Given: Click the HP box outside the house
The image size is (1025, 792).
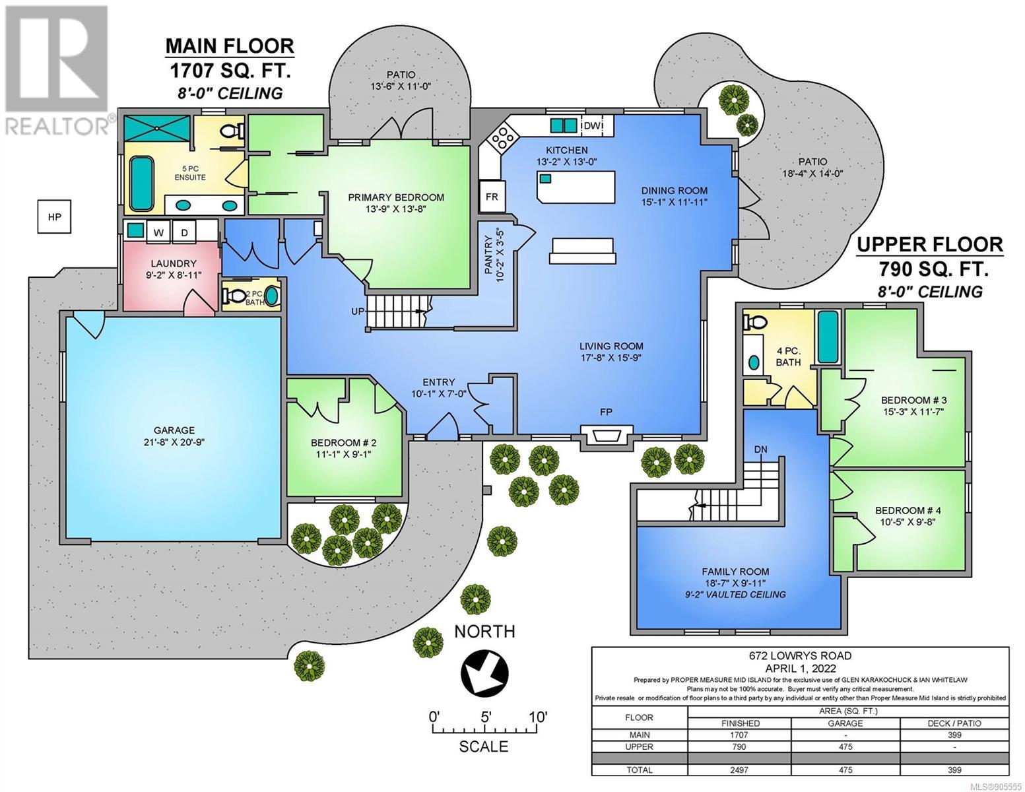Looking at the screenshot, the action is [54, 216].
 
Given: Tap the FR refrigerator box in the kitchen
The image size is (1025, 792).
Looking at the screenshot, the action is [492, 196].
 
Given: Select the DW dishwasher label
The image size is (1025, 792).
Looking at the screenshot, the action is [592, 125].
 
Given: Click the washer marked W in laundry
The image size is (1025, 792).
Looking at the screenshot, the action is [158, 232].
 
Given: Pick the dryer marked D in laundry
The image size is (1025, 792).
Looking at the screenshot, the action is [185, 232].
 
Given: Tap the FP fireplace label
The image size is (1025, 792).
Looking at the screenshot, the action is [606, 412].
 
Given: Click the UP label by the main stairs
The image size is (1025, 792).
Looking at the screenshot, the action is [357, 312].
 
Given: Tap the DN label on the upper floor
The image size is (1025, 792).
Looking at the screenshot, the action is [760, 449].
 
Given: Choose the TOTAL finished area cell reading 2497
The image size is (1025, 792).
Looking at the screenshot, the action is [739, 770].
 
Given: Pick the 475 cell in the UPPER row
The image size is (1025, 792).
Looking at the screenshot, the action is [845, 746].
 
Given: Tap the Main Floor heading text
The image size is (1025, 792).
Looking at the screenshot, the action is [230, 46].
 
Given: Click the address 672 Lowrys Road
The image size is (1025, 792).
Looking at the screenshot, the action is [800, 655].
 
